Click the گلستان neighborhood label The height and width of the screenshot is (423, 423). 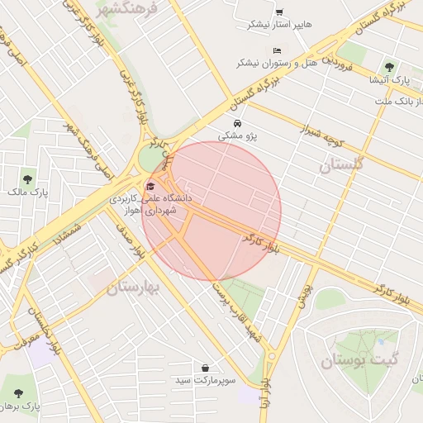tap(340, 164)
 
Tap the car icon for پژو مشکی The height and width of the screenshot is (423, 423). tap(238, 124)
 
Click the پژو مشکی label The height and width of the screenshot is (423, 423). tap(238, 135)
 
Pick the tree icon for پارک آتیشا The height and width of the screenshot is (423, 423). tap(389, 68)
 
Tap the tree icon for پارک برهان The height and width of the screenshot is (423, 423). tap(18, 393)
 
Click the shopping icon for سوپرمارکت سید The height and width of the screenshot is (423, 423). tap(205, 368)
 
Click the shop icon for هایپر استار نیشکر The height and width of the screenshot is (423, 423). tap(279, 12)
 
